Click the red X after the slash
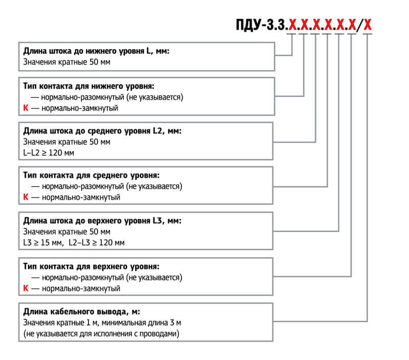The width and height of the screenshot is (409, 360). click(x=367, y=25)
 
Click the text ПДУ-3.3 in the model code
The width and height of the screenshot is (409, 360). click(x=260, y=25)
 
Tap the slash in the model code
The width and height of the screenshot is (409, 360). click(x=360, y=25)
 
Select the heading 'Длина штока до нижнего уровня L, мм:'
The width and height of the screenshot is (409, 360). click(x=96, y=51)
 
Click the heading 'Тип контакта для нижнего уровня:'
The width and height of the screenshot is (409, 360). click(x=88, y=86)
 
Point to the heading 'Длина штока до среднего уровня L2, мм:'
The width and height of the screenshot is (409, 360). click(x=102, y=131)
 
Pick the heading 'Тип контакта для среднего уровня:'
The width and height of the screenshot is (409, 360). click(x=92, y=175)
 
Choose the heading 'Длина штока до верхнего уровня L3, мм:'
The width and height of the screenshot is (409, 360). click(x=102, y=221)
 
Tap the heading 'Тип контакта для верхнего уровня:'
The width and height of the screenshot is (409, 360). click(x=92, y=266)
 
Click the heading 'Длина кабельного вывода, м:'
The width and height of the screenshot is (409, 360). click(x=82, y=311)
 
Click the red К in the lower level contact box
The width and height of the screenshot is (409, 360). click(x=26, y=108)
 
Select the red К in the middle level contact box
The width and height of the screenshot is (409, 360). click(x=26, y=197)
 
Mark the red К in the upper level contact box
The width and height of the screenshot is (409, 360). click(x=26, y=288)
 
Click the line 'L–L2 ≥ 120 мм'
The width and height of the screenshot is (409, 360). click(x=49, y=152)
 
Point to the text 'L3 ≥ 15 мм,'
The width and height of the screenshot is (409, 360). click(x=43, y=242)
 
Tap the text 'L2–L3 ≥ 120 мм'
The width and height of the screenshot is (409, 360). click(x=97, y=242)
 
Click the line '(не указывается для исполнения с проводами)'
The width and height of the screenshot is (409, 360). click(x=101, y=333)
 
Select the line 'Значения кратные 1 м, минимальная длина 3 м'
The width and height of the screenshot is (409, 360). click(x=102, y=323)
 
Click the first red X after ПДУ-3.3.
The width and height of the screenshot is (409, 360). click(x=292, y=25)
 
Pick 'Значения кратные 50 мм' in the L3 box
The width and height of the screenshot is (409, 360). click(x=67, y=232)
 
